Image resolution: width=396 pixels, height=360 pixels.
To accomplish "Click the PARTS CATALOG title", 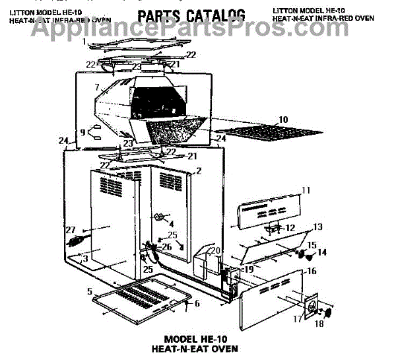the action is [191, 15].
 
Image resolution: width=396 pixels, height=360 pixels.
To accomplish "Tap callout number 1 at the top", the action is [84, 41].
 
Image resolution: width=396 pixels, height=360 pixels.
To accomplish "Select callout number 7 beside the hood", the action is [97, 87].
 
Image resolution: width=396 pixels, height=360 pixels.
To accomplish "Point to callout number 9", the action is [82, 131].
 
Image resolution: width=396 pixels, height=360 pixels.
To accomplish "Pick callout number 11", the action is [306, 190].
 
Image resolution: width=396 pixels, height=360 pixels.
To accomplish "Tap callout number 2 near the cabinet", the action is [198, 170].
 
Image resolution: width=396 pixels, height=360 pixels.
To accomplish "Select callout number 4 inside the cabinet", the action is [171, 223].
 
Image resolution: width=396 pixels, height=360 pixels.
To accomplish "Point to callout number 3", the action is [85, 258].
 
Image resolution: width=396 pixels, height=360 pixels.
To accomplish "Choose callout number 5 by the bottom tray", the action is [89, 291].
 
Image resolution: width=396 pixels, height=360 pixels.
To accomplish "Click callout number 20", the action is [214, 250].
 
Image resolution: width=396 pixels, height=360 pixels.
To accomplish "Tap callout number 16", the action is [312, 271].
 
